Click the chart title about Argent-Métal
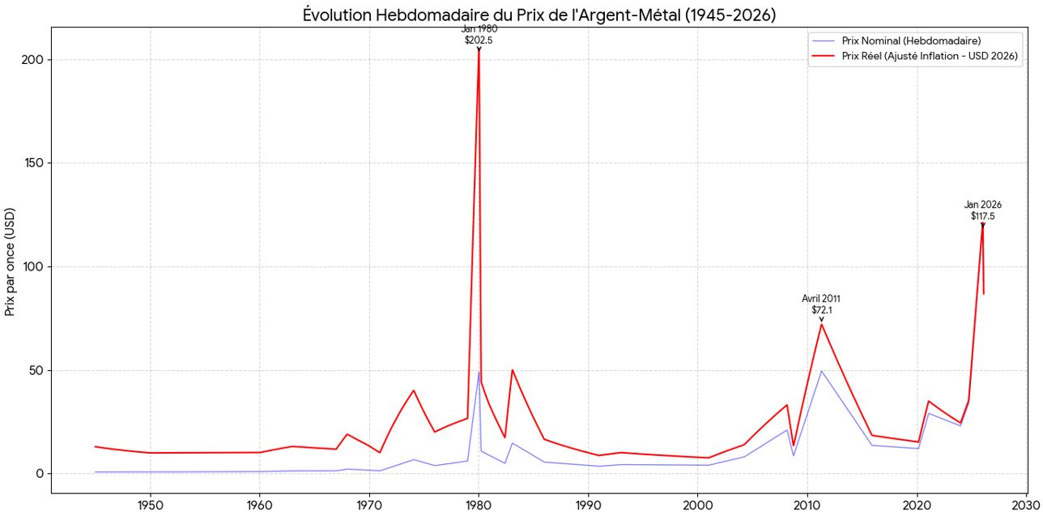point(539,15)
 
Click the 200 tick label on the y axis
point(32,60)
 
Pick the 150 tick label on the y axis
point(32,164)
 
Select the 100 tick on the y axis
point(32,267)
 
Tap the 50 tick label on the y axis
point(36,371)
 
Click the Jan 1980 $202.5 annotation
point(479,34)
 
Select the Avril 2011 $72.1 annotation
point(821,304)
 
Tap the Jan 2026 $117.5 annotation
point(982,211)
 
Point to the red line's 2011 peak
point(821,324)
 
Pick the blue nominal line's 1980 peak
point(479,373)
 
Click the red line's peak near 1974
point(413,390)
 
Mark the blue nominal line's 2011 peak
point(821,371)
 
